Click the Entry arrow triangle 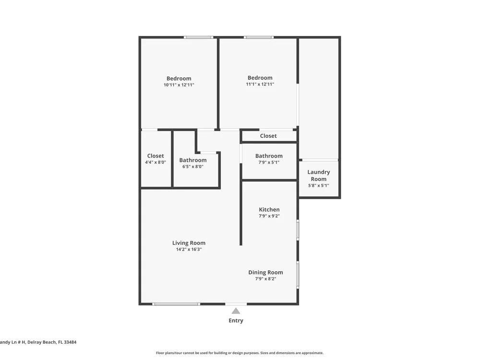click(x=236, y=311)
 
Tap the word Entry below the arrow click(x=236, y=321)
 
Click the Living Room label click(x=189, y=243)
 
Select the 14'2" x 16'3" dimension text click(x=189, y=250)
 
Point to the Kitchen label click(x=269, y=210)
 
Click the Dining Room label click(x=265, y=273)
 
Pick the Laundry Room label click(x=319, y=175)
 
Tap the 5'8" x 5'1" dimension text click(x=319, y=185)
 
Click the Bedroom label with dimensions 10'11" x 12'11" click(x=179, y=78)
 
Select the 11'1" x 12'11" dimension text click(x=260, y=84)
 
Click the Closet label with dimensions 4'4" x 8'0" click(x=156, y=156)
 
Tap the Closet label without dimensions click(x=268, y=136)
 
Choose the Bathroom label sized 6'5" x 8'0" click(x=193, y=160)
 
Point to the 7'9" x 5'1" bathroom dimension click(x=269, y=163)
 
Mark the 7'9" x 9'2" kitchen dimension click(x=269, y=216)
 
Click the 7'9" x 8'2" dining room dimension click(x=266, y=279)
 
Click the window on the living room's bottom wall click(x=176, y=304)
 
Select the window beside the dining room click(x=298, y=275)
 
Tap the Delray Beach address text click(x=38, y=342)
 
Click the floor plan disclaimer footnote click(x=240, y=353)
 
